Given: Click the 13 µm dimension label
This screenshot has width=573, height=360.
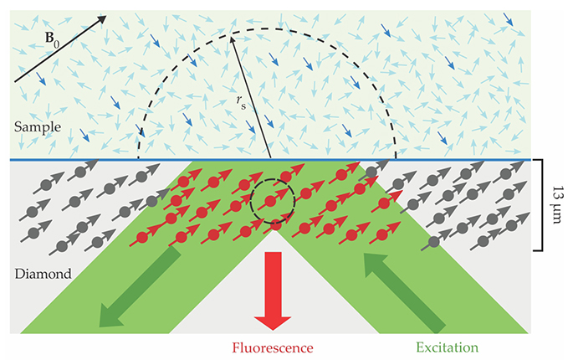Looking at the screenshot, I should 559,204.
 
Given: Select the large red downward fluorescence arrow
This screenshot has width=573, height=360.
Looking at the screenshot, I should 271,289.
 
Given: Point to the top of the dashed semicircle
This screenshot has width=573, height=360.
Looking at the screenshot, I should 268,29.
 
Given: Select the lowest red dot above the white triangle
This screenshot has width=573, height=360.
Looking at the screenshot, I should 276,224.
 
